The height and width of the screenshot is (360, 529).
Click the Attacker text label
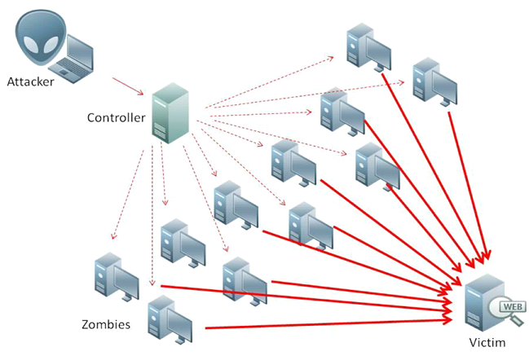point(32,81)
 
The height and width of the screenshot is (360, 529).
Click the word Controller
point(116,117)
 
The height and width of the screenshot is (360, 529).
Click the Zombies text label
point(106,324)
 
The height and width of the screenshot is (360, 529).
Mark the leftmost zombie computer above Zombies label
point(115,277)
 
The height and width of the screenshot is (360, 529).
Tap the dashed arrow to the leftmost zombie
point(129,195)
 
